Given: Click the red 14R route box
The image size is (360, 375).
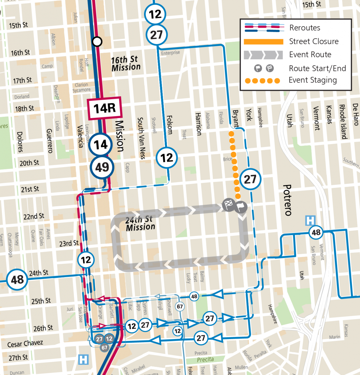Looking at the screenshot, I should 104,108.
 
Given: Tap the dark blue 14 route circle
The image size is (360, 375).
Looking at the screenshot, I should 101,145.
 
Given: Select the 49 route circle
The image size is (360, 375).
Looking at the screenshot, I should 102,167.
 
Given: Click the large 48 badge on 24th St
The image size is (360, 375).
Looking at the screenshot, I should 17,279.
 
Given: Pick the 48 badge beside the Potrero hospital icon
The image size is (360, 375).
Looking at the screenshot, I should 316,232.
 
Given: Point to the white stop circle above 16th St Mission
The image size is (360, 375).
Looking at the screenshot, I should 97,41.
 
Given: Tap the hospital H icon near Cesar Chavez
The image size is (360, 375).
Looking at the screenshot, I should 83,359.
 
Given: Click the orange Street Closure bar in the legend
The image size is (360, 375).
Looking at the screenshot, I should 263,42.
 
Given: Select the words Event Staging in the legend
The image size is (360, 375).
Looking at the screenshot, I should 312,80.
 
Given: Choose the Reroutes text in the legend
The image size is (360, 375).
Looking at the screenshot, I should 305,28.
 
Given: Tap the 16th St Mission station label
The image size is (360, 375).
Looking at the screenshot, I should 126,63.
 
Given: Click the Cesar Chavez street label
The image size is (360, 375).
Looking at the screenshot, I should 25,344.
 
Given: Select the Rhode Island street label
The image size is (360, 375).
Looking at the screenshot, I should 343,122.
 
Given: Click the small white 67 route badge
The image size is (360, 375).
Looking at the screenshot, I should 180,307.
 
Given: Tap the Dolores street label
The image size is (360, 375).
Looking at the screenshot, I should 20,142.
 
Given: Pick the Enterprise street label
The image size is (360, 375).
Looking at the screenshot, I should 170,53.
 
